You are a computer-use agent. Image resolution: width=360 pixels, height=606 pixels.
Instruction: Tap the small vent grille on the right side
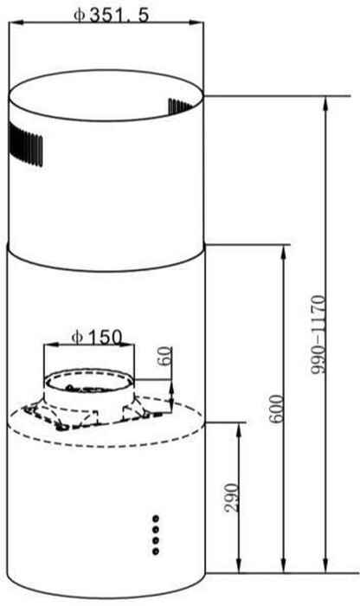184,106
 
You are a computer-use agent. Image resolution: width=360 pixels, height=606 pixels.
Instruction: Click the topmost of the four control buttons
156,518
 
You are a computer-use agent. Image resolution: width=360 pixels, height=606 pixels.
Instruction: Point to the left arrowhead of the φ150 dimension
48,345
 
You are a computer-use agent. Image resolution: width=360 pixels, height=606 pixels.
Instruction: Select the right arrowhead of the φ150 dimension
132,345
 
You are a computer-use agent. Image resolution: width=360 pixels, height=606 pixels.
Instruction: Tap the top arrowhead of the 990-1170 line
325,100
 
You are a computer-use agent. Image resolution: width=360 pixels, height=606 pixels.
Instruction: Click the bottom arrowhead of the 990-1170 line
325,571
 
